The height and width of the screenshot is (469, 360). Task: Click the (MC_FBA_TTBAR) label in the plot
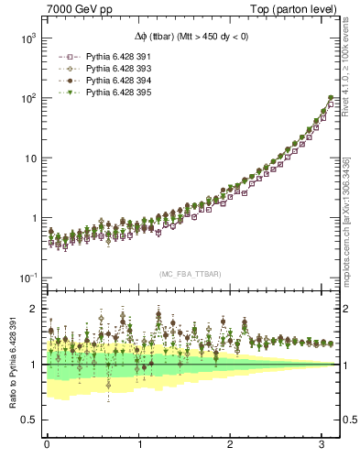pos(190,274)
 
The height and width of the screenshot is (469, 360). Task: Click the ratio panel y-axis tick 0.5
pos(30,420)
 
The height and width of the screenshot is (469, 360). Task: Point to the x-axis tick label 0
pos(47,444)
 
